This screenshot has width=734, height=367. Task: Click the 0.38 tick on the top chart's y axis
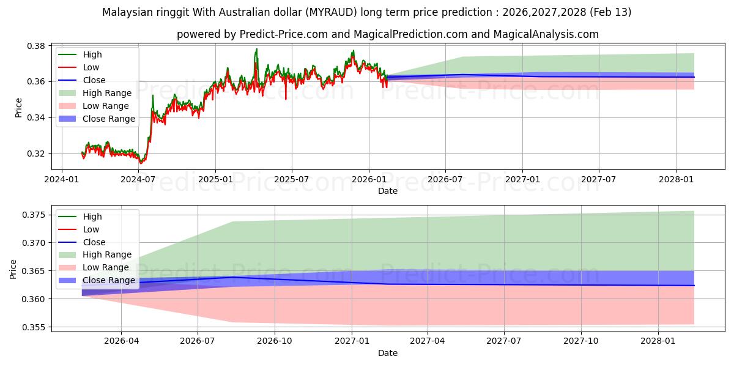(36, 46)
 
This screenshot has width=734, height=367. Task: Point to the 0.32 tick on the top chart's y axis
(36, 154)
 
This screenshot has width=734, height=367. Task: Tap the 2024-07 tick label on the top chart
(138, 179)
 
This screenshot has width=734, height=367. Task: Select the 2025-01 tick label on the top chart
(215, 179)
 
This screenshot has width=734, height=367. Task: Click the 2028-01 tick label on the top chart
(675, 179)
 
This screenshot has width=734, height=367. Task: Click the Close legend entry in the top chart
(94, 80)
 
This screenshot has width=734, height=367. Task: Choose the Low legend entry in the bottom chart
(91, 229)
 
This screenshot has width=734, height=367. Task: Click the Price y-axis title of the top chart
(18, 108)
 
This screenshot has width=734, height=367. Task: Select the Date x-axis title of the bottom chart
(388, 353)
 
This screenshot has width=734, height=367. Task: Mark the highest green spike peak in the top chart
(256, 49)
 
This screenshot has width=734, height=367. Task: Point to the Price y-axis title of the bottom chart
(14, 269)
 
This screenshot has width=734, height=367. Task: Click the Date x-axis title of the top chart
(388, 191)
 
